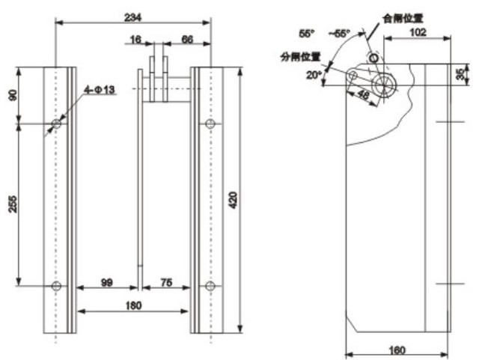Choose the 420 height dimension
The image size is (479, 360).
234,200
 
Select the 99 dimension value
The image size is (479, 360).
108,282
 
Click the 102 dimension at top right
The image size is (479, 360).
419,32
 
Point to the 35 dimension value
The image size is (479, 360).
459,75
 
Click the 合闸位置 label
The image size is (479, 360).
402,16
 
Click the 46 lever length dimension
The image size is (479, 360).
364,96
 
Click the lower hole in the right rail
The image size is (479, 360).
210,286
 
